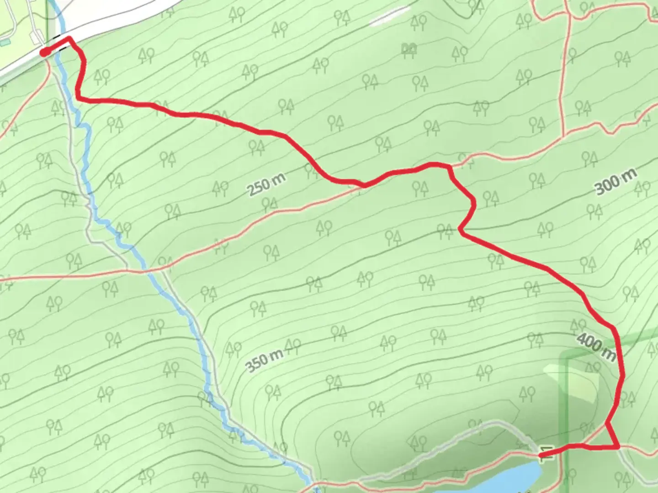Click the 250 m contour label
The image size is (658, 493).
tap(266, 184)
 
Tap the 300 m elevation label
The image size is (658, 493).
tap(616, 182)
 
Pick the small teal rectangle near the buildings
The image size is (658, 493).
tap(5, 42)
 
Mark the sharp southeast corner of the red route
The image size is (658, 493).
tap(618, 447)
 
